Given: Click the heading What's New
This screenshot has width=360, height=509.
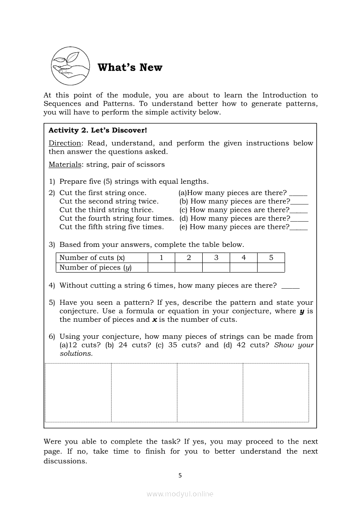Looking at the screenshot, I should pos(130,67).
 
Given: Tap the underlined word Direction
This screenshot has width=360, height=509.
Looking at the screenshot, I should pos(65,143).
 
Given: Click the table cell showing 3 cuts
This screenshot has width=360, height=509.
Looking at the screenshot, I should pos(216,258).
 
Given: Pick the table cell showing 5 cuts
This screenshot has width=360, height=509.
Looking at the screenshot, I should pos(271,258).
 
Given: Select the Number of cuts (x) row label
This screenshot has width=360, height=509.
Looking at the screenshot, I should pos(92,258).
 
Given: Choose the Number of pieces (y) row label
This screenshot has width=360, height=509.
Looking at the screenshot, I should pos(95,268).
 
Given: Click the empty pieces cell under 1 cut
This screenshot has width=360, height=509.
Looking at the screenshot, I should pos(161,268).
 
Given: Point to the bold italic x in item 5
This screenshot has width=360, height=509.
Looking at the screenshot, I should pos(154,320).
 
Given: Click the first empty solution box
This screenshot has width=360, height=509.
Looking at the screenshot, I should pos(78,393).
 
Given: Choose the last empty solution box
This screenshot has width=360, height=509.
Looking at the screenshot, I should pos(275,393).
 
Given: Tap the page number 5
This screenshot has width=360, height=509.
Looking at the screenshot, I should pos(180,475).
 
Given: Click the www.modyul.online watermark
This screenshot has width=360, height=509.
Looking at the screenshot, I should pos(180,494).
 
